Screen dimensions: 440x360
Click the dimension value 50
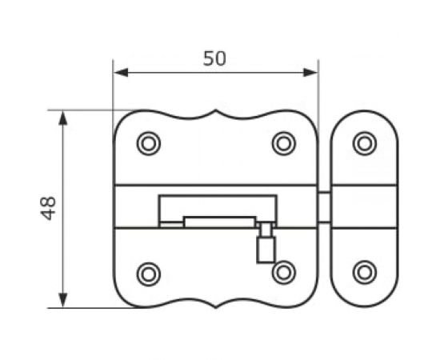point(214,58)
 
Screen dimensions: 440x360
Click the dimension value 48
point(48,208)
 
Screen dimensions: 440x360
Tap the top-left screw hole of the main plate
point(149,143)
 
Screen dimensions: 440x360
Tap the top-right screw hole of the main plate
point(284,143)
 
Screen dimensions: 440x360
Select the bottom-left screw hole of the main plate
point(149,274)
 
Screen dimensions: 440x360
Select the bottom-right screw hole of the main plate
point(284,273)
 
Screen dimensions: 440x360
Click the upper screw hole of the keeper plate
point(365,143)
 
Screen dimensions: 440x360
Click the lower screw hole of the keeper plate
point(365,273)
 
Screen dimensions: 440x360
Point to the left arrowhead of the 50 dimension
point(122,73)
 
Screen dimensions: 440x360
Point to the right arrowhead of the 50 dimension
point(310,73)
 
